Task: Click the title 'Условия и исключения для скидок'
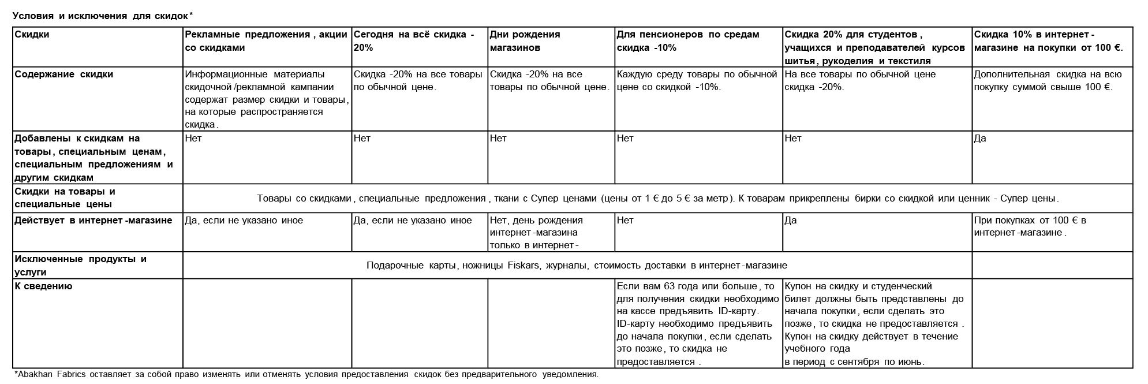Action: (102, 16)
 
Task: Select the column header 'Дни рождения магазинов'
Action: (525, 41)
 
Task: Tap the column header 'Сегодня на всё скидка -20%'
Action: (413, 41)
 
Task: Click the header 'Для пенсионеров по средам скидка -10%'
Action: (687, 41)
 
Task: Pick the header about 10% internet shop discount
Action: (1048, 41)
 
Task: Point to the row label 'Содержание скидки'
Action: (63, 74)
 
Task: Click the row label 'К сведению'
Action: (43, 286)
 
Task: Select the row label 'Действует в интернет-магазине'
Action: (93, 221)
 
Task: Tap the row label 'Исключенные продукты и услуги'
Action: (80, 266)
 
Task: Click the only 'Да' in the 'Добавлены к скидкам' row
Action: (980, 139)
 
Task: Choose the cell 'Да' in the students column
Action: (791, 221)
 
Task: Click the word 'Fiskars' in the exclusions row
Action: (524, 266)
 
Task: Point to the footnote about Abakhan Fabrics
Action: (306, 374)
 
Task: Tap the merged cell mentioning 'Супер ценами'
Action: (657, 199)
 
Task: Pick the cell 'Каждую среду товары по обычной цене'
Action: (697, 81)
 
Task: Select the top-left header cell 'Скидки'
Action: (32, 35)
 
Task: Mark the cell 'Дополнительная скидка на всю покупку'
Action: (1047, 81)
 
